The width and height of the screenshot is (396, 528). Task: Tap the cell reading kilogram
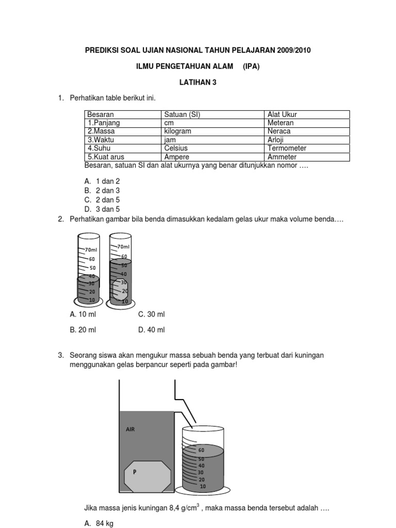tap(177, 131)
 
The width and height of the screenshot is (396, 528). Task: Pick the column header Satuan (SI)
tap(182, 114)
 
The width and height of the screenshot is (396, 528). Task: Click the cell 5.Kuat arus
tap(106, 157)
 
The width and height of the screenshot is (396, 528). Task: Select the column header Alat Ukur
tap(282, 114)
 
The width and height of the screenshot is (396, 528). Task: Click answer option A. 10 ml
tap(83, 315)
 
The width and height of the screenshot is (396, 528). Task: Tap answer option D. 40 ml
tap(151, 330)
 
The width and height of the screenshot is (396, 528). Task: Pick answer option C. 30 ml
tap(151, 315)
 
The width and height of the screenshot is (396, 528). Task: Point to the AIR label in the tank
tap(130, 428)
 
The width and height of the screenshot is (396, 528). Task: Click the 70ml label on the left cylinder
tap(91, 250)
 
